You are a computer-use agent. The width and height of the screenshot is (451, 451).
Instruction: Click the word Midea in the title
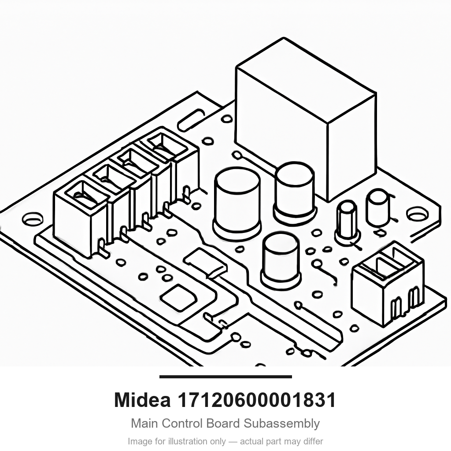click(142, 400)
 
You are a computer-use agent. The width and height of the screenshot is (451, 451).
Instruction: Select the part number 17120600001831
click(257, 400)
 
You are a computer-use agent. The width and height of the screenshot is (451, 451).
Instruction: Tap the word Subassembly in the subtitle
click(281, 424)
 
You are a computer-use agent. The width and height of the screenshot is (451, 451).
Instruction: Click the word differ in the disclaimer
click(313, 441)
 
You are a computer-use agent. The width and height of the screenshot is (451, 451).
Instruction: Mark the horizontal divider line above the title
click(225, 377)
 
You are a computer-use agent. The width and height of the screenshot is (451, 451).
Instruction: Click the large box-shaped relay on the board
click(306, 119)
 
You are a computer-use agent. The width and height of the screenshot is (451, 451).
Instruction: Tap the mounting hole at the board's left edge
click(33, 219)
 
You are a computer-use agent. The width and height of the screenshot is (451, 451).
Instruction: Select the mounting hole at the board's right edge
click(417, 214)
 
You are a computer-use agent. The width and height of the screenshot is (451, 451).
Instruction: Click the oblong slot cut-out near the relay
click(192, 120)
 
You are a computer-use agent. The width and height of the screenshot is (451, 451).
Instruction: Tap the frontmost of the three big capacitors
click(281, 261)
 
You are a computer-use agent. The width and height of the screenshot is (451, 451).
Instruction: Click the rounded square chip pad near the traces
click(179, 298)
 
